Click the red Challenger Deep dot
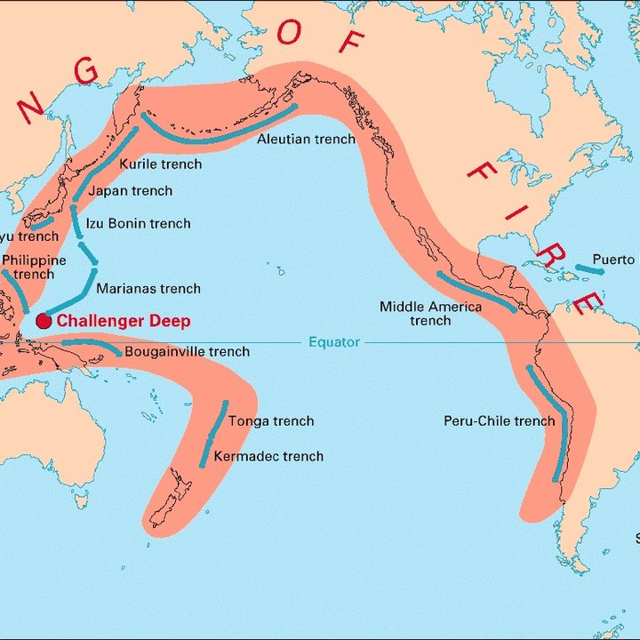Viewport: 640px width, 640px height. tap(44, 321)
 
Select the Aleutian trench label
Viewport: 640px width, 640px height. tap(306, 140)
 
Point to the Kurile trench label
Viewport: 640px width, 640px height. tap(160, 164)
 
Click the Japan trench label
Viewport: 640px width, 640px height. tap(131, 191)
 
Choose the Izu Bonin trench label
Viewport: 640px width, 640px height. tap(138, 223)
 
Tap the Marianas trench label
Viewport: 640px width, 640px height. tap(148, 289)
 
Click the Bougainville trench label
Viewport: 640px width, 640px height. tap(187, 352)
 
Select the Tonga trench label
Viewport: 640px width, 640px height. tap(271, 421)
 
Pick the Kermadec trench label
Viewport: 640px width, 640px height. tap(268, 456)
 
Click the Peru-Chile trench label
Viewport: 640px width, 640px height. tap(499, 421)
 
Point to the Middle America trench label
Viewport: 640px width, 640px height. tap(431, 313)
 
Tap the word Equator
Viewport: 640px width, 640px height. tap(334, 342)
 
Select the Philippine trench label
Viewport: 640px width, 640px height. tap(34, 267)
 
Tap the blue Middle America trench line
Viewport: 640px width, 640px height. tap(476, 291)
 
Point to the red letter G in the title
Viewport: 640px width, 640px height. tap(86, 71)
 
